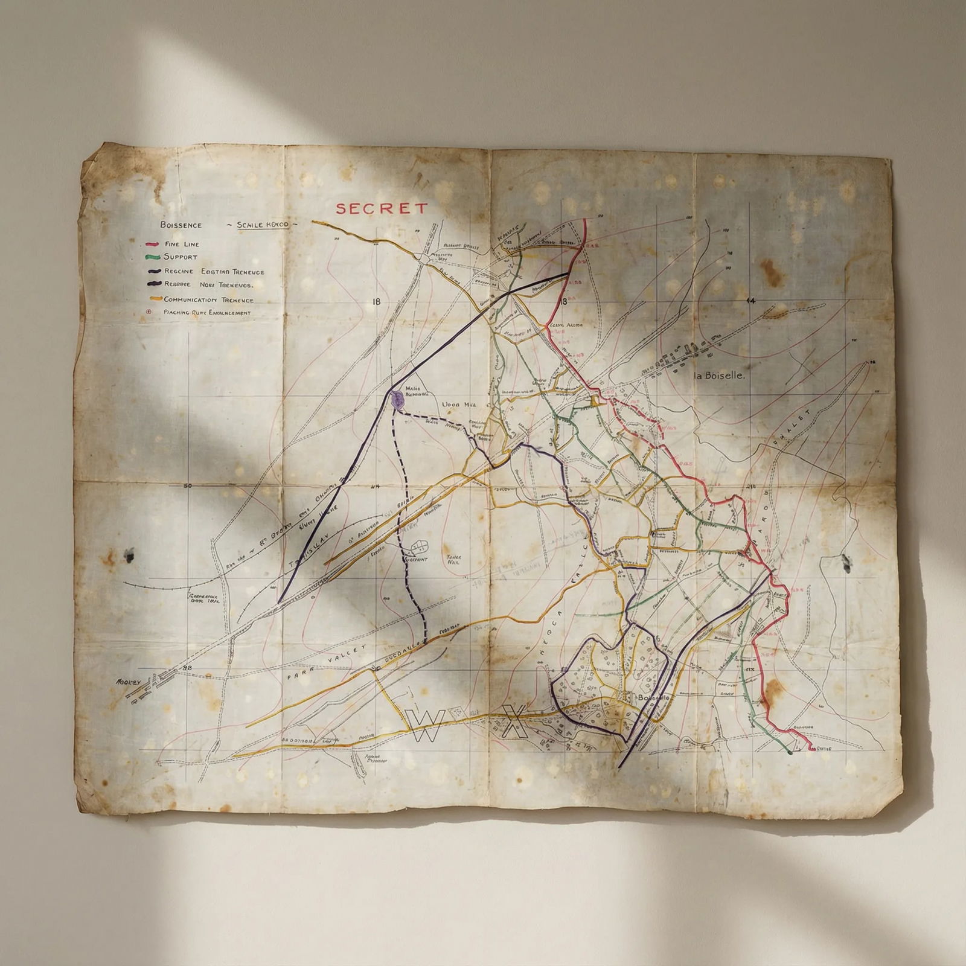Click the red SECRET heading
[382, 209]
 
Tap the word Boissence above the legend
[181, 225]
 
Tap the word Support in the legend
[181, 257]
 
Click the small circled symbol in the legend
[149, 312]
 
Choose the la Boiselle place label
[720, 376]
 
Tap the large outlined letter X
[514, 721]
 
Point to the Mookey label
[128, 682]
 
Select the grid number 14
[751, 301]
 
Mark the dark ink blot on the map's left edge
[128, 555]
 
